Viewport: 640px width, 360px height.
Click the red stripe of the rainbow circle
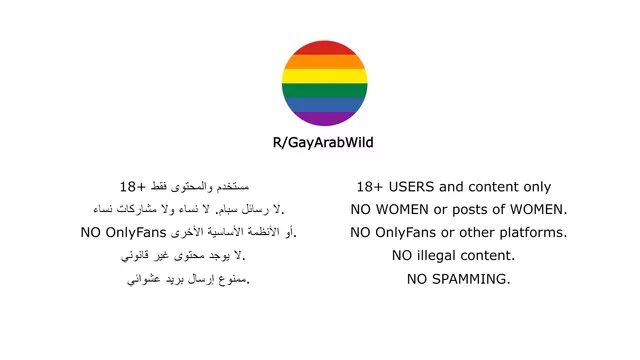[x=322, y=48]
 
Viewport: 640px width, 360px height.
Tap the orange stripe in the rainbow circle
[x=322, y=61]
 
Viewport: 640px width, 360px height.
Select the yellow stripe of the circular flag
[x=322, y=75]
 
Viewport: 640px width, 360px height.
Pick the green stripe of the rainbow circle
[x=322, y=90]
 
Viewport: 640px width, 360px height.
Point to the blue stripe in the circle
[x=322, y=104]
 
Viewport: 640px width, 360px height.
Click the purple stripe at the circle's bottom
[x=322, y=118]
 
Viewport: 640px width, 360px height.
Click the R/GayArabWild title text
[x=323, y=143]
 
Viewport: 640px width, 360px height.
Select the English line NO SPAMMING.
[x=458, y=279]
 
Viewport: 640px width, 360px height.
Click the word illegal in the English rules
[x=445, y=256]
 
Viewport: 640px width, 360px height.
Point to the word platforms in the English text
[x=533, y=233]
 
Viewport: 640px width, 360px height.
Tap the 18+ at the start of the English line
[x=370, y=187]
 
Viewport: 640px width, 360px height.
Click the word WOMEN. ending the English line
[x=536, y=210]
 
